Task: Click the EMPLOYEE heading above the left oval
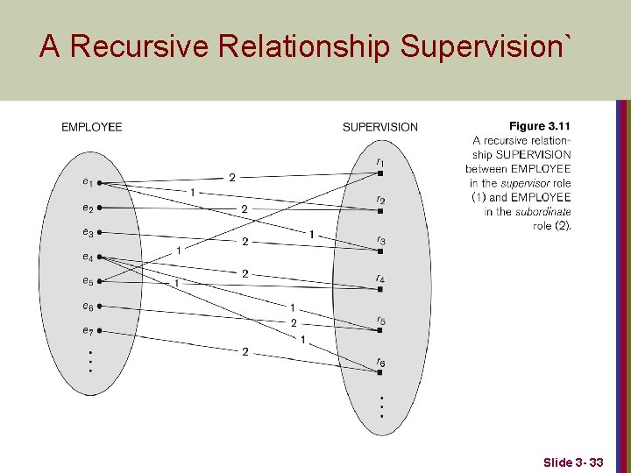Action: [91, 127]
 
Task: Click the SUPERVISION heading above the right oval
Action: [379, 127]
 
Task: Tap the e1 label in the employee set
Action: [87, 182]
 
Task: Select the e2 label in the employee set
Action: [87, 208]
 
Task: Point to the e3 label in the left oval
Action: [87, 232]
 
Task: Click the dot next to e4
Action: [100, 258]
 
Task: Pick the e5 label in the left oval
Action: [87, 281]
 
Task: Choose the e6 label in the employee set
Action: [87, 306]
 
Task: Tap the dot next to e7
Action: [100, 331]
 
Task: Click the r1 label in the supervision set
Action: [379, 161]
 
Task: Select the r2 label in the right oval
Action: [380, 201]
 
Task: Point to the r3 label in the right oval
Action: [380, 240]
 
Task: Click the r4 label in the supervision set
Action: [380, 279]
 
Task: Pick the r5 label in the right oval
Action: [380, 321]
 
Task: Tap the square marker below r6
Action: [380, 372]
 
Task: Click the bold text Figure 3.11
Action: [540, 127]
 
